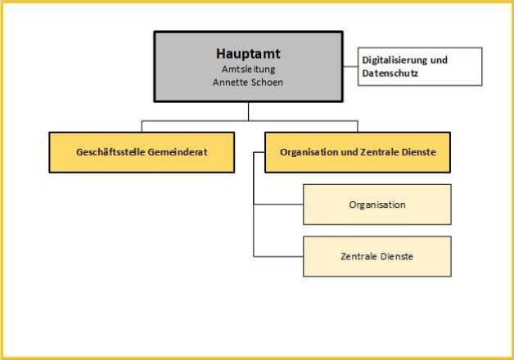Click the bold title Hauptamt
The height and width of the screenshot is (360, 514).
point(248,54)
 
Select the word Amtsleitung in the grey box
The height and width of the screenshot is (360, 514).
point(249,70)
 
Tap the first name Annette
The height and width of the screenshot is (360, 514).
point(229,82)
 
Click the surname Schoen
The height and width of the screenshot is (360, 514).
point(266,82)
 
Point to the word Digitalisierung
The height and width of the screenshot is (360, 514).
point(394,61)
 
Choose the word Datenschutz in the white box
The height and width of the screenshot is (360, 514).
point(390,73)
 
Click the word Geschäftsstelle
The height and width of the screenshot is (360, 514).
point(110,152)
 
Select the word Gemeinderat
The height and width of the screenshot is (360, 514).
point(178,152)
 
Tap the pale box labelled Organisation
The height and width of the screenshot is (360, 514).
point(377,205)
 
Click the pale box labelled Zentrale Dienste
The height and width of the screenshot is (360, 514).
point(377,256)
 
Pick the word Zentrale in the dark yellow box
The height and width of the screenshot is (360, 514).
point(377,152)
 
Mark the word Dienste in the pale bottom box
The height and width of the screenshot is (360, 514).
point(397,256)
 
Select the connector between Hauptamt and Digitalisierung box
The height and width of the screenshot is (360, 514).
point(350,66)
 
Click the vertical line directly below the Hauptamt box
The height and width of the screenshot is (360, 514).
point(249,111)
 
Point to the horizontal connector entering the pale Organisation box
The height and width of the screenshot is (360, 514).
point(278,205)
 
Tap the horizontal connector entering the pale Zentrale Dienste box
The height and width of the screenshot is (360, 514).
point(278,256)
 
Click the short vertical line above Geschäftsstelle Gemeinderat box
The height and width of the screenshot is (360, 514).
point(142,127)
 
